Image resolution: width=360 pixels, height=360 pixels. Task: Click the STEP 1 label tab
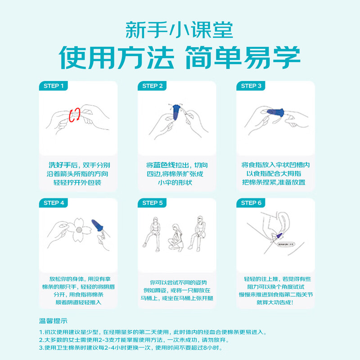click(54, 86)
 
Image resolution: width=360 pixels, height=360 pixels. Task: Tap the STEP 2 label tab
click(153, 86)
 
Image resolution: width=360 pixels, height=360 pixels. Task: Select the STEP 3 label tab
click(251, 86)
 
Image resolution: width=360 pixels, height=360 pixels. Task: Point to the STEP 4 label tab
click(54, 203)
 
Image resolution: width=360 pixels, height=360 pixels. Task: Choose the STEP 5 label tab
click(153, 203)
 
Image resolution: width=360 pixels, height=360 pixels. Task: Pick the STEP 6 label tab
click(251, 203)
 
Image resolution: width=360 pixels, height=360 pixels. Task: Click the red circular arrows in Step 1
click(75, 115)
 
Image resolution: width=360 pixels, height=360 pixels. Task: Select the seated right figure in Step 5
click(198, 229)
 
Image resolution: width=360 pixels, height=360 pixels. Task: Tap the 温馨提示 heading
click(53, 321)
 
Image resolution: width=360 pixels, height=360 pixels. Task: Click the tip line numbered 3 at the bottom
click(130, 348)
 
